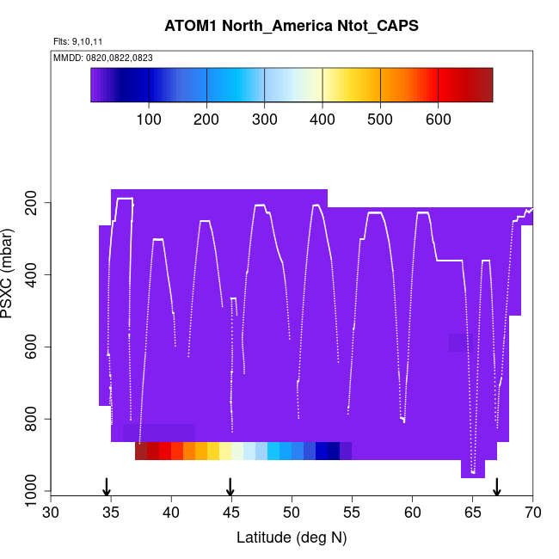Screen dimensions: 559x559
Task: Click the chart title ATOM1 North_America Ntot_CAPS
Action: (292, 26)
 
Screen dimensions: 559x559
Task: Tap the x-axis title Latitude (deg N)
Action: (292, 537)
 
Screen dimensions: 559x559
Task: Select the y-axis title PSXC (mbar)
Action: (10, 273)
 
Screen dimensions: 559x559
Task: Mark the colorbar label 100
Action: (149, 119)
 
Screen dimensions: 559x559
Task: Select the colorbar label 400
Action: (322, 119)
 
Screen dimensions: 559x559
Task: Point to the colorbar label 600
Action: (439, 119)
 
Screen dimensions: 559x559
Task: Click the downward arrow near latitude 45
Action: (230, 487)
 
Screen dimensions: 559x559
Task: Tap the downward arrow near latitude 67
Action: (497, 487)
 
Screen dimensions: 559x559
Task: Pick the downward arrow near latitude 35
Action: (107, 487)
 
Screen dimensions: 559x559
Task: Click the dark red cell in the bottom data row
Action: (141, 451)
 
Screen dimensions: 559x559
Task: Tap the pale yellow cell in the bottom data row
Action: (225, 451)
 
